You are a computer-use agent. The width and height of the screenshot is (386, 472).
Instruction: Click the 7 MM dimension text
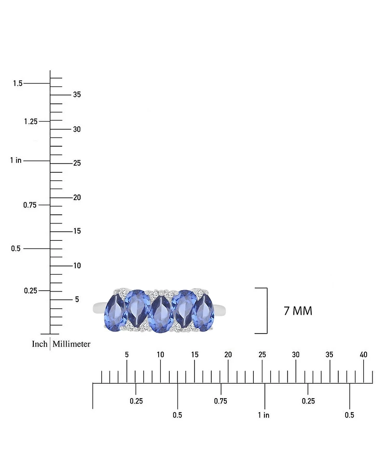click(x=298, y=311)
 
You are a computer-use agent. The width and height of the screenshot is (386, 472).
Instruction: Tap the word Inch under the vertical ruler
click(x=40, y=344)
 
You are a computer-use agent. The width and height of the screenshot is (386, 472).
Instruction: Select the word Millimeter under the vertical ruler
click(x=71, y=344)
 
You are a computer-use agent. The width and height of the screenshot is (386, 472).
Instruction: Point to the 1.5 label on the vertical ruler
click(x=18, y=83)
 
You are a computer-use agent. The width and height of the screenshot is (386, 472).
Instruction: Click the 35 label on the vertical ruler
click(x=77, y=95)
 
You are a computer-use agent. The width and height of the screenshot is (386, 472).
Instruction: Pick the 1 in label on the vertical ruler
click(x=16, y=160)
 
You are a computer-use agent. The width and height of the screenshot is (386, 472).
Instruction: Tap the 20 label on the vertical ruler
click(x=77, y=197)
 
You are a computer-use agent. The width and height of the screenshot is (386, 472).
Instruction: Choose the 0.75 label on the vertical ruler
click(x=30, y=205)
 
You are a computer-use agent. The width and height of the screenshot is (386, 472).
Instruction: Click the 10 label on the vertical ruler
click(x=77, y=265)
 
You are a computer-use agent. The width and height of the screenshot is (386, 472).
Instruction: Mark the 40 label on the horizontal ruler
click(x=363, y=355)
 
